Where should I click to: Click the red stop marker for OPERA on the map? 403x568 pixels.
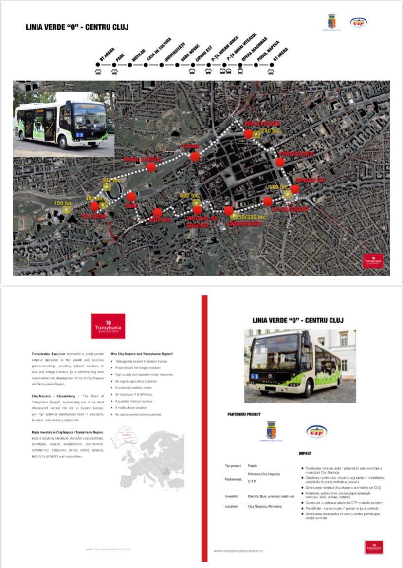[x=195, y=157]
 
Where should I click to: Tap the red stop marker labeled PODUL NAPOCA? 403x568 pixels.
[x=151, y=167]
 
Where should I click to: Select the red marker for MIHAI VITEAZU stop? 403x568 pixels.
[x=248, y=134]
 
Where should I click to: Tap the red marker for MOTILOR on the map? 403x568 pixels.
[x=157, y=212]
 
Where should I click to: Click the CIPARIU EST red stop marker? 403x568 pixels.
[x=294, y=189]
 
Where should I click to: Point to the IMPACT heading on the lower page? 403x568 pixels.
[x=305, y=453]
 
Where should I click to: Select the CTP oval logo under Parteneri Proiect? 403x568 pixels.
[x=316, y=431]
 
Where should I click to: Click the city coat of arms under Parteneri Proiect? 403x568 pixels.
[x=271, y=431]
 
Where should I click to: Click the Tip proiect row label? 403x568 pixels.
[x=233, y=466]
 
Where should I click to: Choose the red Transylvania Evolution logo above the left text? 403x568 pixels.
[x=108, y=326]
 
